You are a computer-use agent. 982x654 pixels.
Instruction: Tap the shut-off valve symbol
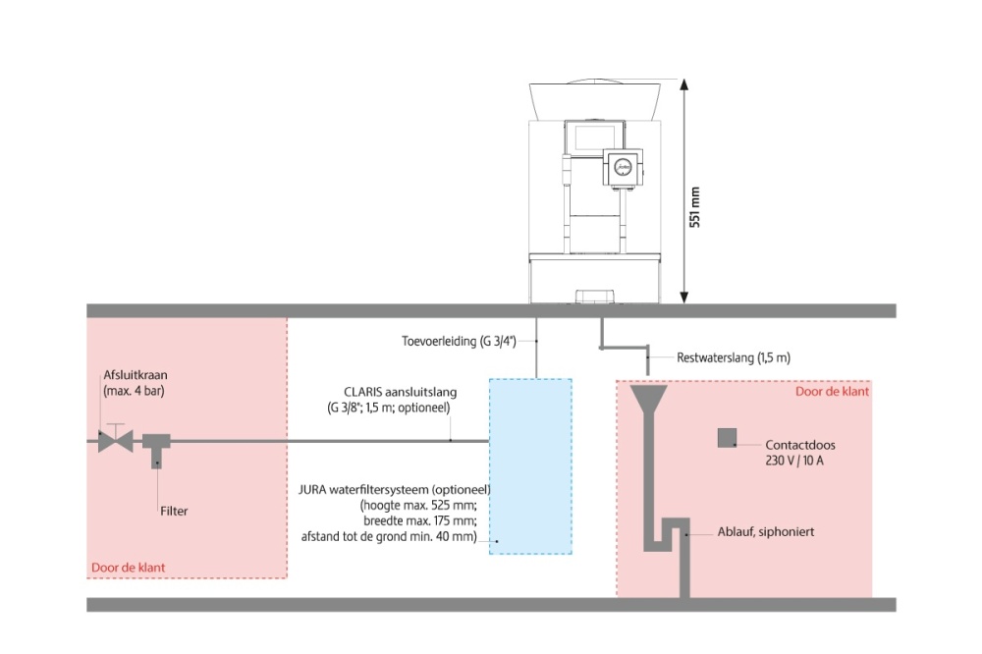116,441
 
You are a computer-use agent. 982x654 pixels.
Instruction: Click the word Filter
174,511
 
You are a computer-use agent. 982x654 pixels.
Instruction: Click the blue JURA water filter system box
530,466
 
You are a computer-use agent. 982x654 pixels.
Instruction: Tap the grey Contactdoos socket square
728,438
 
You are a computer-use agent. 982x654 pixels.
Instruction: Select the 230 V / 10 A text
794,461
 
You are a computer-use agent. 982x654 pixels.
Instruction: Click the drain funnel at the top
647,398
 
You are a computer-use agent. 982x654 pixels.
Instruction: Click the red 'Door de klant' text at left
129,567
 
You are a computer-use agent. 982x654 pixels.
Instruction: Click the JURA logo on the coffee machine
622,166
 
